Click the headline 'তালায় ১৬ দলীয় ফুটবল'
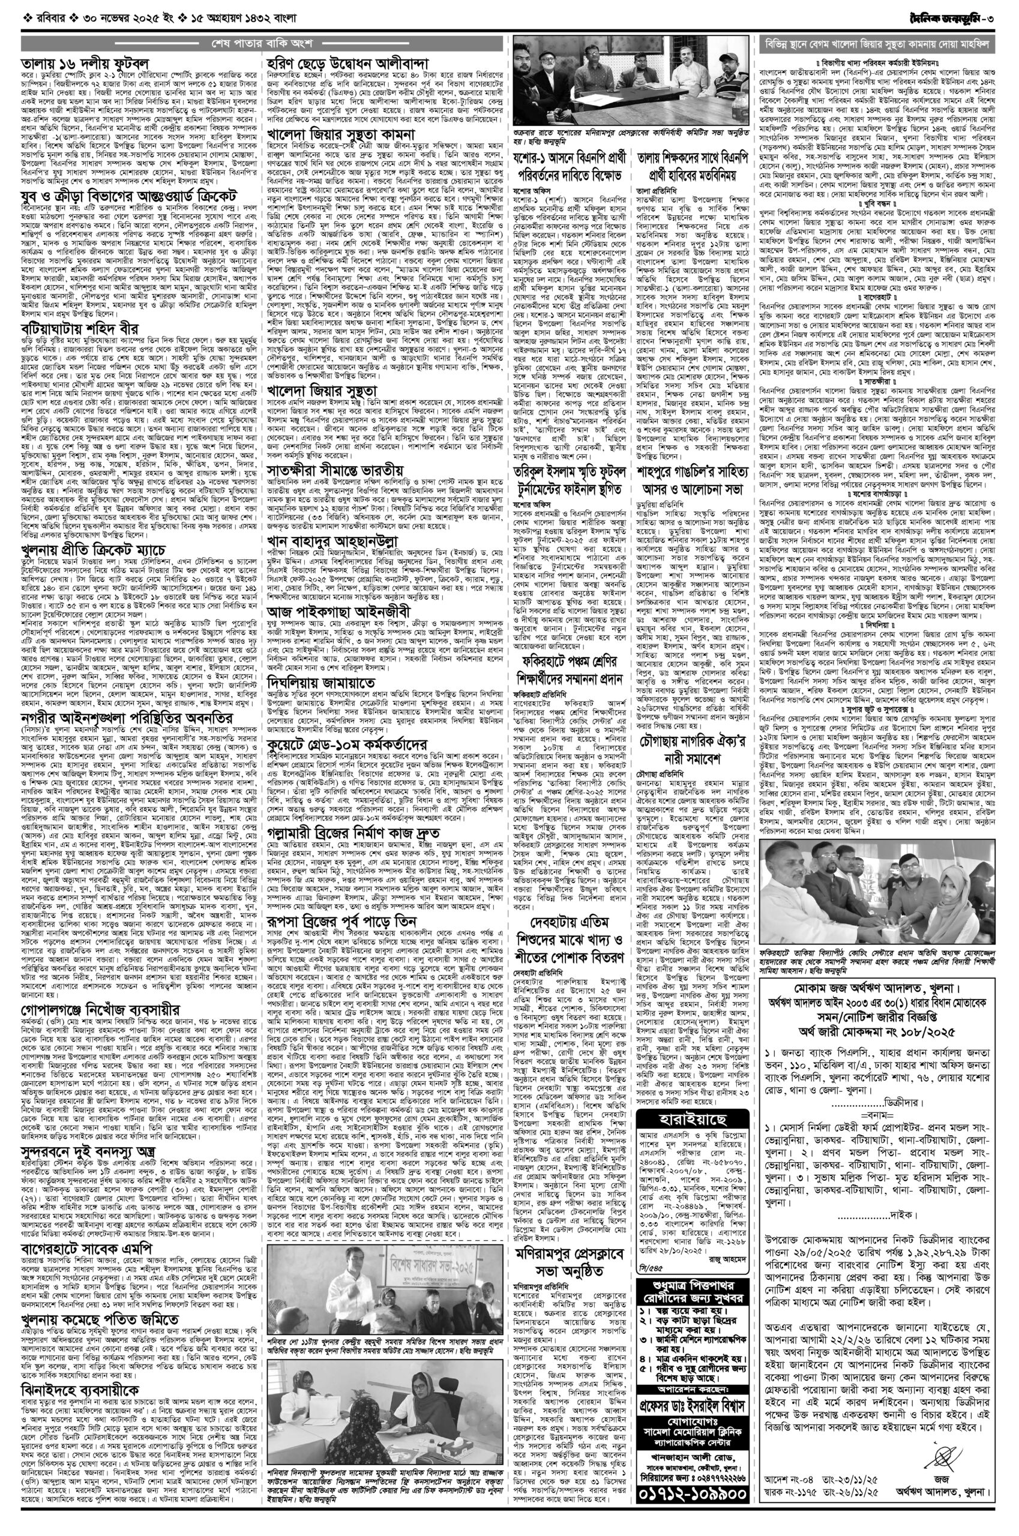click(x=84, y=63)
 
